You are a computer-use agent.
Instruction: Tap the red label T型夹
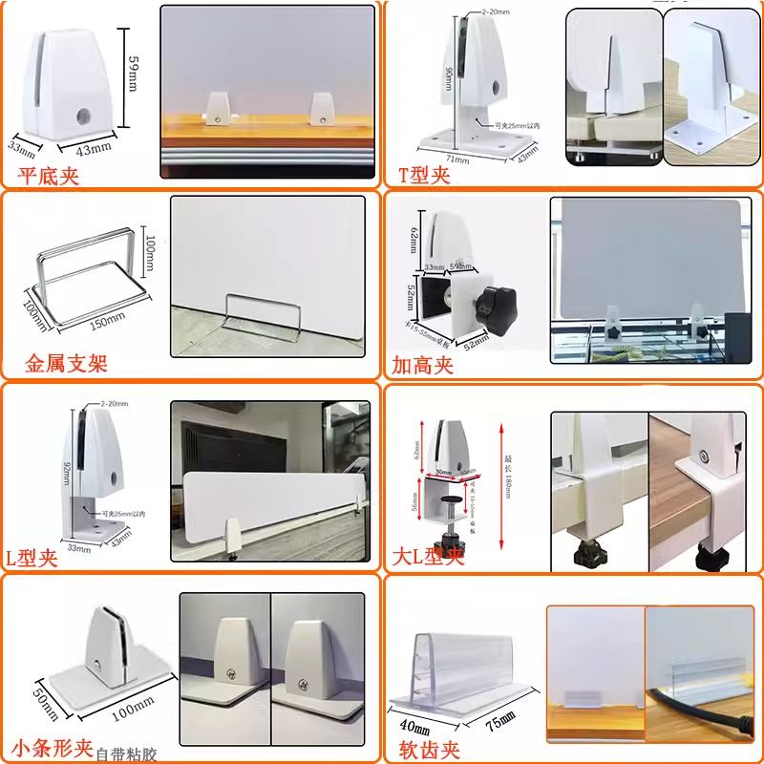(x=423, y=175)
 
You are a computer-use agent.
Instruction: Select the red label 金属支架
(x=66, y=364)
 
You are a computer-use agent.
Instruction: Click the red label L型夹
(x=32, y=558)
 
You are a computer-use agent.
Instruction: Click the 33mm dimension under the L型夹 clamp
(x=79, y=547)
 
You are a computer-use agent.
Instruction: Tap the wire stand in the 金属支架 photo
(x=263, y=314)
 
